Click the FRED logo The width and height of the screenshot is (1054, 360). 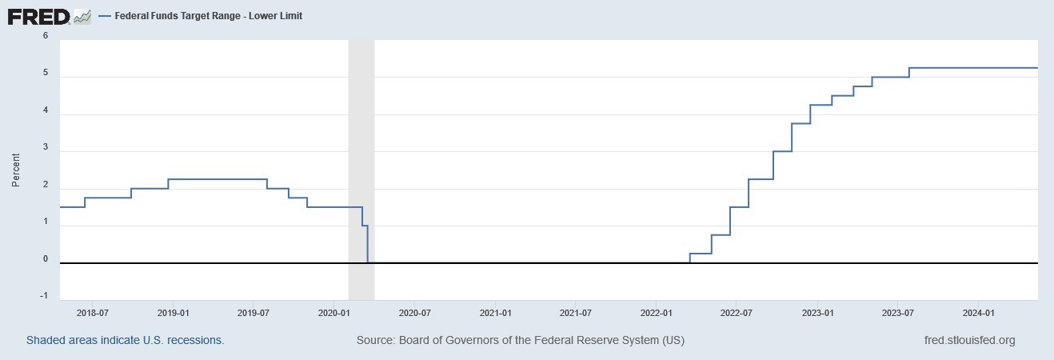38,15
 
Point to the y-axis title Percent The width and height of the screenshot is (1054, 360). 15,170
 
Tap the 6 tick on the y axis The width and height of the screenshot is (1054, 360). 46,36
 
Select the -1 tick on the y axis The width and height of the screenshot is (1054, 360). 45,296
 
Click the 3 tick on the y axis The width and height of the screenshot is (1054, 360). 46,148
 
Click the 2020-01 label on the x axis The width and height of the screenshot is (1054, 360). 335,312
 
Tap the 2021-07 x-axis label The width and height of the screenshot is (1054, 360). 576,312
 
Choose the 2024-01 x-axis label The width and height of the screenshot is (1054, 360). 978,312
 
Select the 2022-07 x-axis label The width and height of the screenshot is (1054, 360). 737,312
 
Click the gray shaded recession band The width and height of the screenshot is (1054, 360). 361,160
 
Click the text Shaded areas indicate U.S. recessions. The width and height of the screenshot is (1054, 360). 126,340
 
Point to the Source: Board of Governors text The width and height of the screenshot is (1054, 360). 520,340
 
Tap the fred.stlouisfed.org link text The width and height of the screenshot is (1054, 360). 969,340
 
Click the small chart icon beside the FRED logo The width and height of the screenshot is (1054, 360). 82,15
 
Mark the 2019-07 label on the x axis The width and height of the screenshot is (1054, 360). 254,312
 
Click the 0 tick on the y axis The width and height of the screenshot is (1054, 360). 46,259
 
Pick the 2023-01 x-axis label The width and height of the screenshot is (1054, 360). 817,312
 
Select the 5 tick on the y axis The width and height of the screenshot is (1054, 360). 46,74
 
